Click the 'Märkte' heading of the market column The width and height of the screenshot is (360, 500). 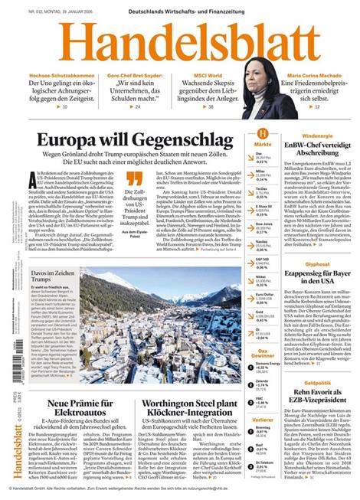coord(262,144)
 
